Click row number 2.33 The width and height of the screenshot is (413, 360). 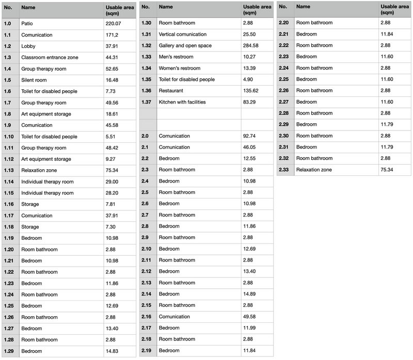pos(285,170)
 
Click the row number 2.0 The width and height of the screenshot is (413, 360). pos(146,136)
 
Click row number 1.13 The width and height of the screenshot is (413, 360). pos(9,170)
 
